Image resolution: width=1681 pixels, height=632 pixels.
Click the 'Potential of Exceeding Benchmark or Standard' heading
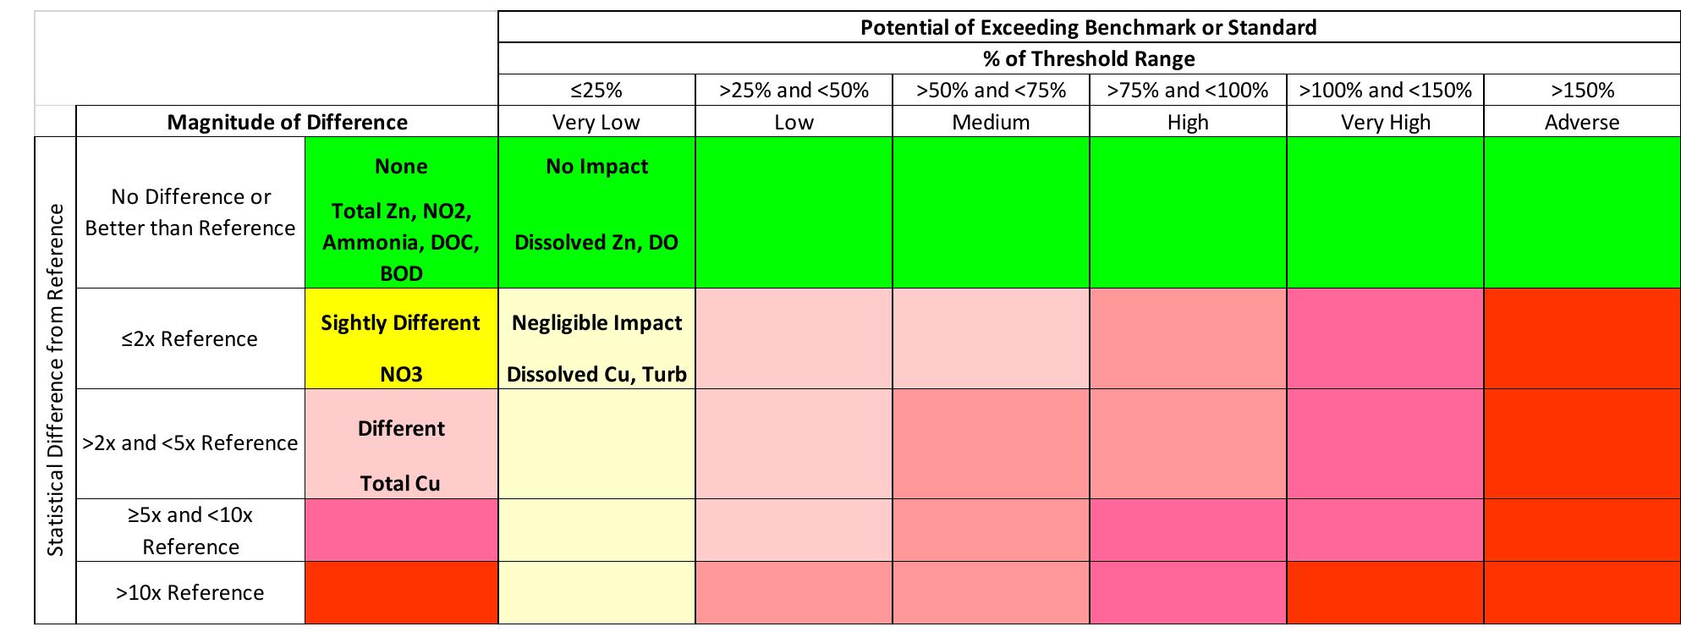pyautogui.click(x=1088, y=27)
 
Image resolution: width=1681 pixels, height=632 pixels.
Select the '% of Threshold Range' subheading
pyautogui.click(x=1088, y=58)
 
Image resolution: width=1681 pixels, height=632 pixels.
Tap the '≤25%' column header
pyautogui.click(x=596, y=90)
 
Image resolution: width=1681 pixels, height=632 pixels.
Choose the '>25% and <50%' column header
pyautogui.click(x=794, y=90)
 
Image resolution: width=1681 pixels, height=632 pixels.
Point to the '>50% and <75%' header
pyautogui.click(x=991, y=90)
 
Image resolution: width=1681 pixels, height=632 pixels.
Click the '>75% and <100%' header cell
pyautogui.click(x=1188, y=90)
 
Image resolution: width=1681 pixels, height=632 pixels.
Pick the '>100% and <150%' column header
pyautogui.click(x=1385, y=90)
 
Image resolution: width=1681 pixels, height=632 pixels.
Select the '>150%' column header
pyautogui.click(x=1582, y=90)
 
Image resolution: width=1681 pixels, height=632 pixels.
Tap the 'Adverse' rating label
pyautogui.click(x=1582, y=122)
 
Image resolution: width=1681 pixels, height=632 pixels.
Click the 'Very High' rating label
pyautogui.click(x=1385, y=122)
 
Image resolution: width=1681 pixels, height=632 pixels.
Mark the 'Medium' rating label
pyautogui.click(x=991, y=122)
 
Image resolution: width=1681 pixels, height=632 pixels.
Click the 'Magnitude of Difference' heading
pyautogui.click(x=287, y=122)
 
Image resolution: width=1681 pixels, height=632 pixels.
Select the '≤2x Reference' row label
pyautogui.click(x=190, y=338)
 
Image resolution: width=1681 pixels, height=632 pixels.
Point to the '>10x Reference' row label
pyautogui.click(x=190, y=592)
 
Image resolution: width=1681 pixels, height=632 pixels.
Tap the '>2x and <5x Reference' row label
pyautogui.click(x=190, y=442)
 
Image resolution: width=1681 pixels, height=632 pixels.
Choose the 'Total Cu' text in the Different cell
pyautogui.click(x=400, y=483)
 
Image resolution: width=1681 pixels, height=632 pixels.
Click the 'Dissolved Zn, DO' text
pyautogui.click(x=596, y=242)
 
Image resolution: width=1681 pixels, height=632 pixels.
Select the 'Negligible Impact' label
pyautogui.click(x=596, y=322)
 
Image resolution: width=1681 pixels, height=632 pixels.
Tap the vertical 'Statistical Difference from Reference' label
pyautogui.click(x=56, y=380)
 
